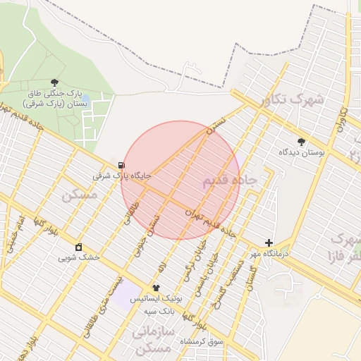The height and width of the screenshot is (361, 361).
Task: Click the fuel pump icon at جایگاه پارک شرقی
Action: [x=112, y=165]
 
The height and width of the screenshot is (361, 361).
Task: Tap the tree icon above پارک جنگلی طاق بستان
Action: [x=54, y=83]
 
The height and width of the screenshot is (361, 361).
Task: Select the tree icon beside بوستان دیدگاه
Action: [x=302, y=142]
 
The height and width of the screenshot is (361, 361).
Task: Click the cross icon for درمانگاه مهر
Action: [x=269, y=243]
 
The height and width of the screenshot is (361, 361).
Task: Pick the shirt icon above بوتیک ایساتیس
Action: [x=156, y=288]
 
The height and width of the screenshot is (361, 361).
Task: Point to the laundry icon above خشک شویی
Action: [x=78, y=247]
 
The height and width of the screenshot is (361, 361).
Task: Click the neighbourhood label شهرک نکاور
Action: [x=291, y=99]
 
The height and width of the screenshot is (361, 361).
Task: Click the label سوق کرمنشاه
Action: [x=201, y=341]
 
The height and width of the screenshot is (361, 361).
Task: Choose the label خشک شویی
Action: [x=79, y=258]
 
